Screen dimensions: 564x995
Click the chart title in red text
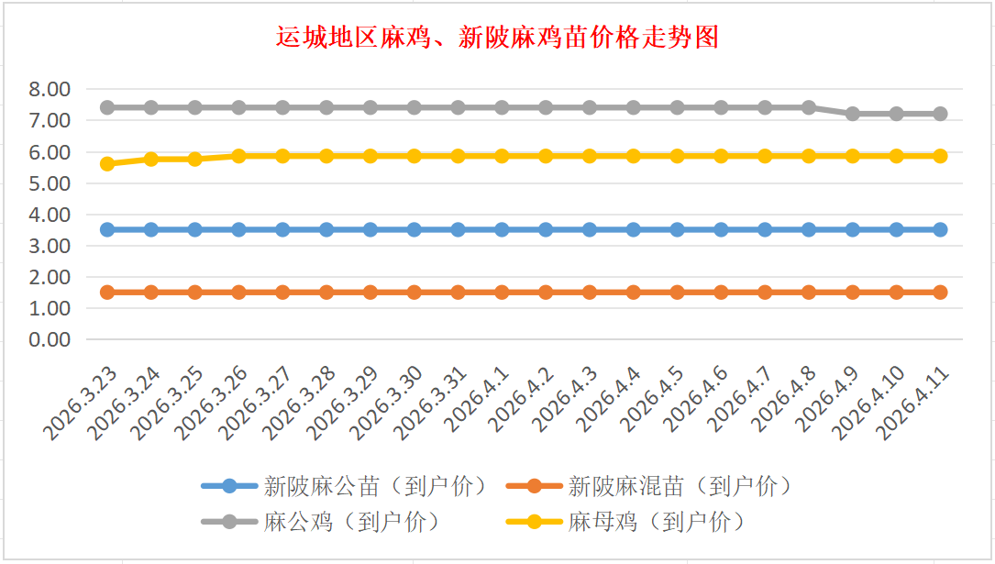[497, 37]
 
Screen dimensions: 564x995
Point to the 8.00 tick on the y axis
[50, 89]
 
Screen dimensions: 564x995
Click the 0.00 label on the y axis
[50, 339]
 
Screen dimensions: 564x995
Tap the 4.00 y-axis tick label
[50, 215]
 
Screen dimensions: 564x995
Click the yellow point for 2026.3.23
[107, 164]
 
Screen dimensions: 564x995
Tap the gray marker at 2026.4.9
[853, 114]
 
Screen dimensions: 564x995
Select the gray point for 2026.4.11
[940, 114]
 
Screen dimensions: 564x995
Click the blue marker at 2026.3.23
[107, 229]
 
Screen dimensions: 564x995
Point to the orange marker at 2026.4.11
[940, 292]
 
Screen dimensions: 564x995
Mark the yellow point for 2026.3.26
[238, 156]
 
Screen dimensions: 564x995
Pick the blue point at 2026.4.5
[677, 229]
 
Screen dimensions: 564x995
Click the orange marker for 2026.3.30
[415, 292]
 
